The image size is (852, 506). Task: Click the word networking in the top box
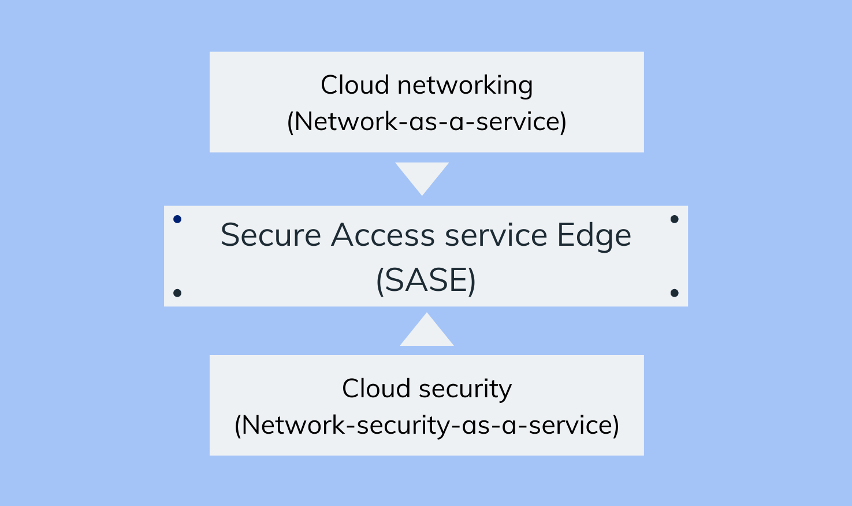[464, 86]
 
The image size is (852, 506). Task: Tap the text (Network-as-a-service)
[426, 121]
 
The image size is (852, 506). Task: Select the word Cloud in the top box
[355, 86]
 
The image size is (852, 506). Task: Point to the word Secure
[270, 235]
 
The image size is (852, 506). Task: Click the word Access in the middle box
[383, 235]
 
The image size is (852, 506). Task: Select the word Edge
[594, 235]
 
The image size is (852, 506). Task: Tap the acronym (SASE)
[426, 280]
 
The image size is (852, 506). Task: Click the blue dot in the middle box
[177, 219]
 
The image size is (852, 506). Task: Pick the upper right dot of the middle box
[674, 219]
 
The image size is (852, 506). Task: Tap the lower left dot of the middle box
[177, 293]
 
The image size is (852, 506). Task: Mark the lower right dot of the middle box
[674, 293]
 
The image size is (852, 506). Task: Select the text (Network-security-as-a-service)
[426, 425]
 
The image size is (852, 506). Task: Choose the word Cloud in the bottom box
[376, 389]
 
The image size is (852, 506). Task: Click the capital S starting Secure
[230, 235]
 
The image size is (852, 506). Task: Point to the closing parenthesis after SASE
[472, 281]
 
